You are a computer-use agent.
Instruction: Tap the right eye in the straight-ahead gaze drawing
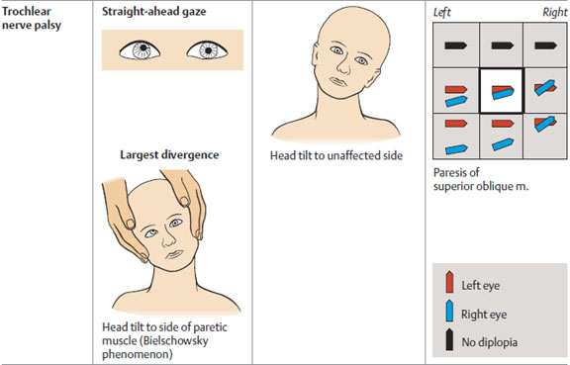coord(205,48)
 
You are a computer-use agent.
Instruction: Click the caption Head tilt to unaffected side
coord(335,156)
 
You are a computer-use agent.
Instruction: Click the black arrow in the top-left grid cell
coord(456,46)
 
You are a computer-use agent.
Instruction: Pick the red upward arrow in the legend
coord(447,286)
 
